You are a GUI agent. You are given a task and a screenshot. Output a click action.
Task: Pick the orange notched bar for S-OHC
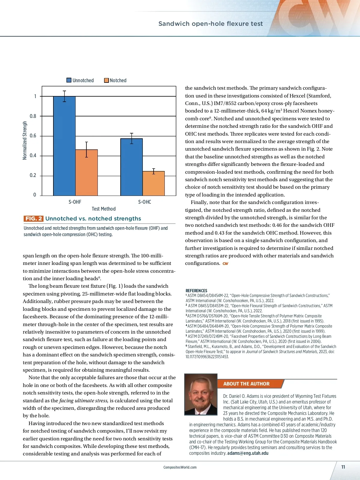[154, 183]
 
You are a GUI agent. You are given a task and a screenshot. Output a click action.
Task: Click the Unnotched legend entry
[80, 80]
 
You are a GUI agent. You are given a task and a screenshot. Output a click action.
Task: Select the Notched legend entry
[115, 80]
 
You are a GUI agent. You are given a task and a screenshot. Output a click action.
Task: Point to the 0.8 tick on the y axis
[33, 116]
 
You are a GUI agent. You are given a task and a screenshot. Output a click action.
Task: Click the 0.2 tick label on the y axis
[33, 175]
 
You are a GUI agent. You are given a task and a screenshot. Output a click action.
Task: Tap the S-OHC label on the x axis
[145, 202]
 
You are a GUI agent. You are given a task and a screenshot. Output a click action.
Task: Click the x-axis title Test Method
[103, 209]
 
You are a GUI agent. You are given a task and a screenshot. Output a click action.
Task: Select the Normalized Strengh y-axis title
[25, 140]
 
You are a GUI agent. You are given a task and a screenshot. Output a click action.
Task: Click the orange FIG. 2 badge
[33, 218]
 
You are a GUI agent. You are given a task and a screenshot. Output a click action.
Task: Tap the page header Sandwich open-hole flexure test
[210, 24]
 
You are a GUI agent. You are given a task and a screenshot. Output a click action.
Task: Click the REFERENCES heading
[196, 291]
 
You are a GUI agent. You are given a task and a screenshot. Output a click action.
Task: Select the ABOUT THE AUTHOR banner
[246, 384]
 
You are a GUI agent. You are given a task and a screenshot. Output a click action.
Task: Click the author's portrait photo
[201, 394]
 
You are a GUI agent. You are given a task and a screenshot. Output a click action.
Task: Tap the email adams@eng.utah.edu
[248, 453]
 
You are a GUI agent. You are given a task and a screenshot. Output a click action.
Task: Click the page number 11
[343, 467]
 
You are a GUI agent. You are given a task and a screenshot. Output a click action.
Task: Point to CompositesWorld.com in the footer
[180, 467]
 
